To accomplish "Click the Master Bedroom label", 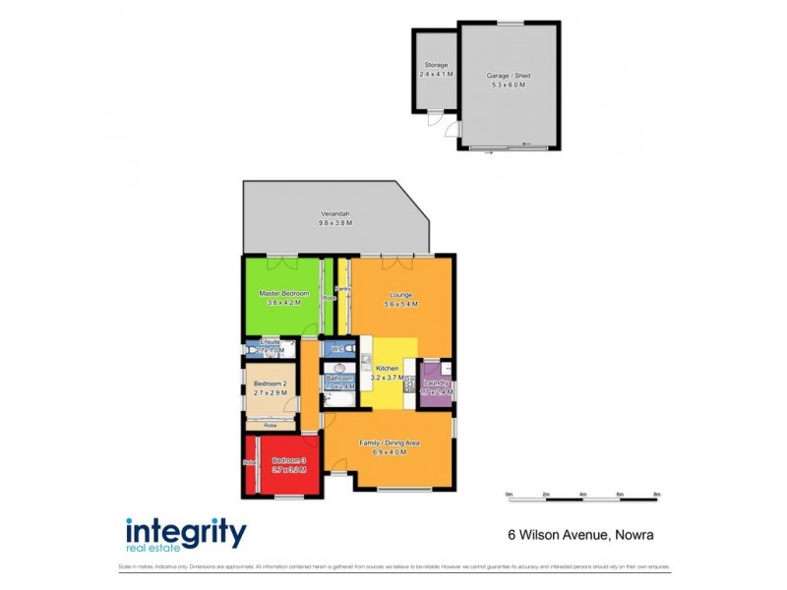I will coord(283,294).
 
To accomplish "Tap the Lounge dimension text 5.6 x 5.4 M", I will coord(402,305).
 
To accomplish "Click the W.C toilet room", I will coord(336,349).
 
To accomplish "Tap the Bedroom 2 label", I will coord(270,383).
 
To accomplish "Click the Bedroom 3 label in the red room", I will coord(289,461).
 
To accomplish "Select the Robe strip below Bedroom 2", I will coord(270,426).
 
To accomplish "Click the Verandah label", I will coord(334,214).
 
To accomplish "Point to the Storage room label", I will coord(435,65).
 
